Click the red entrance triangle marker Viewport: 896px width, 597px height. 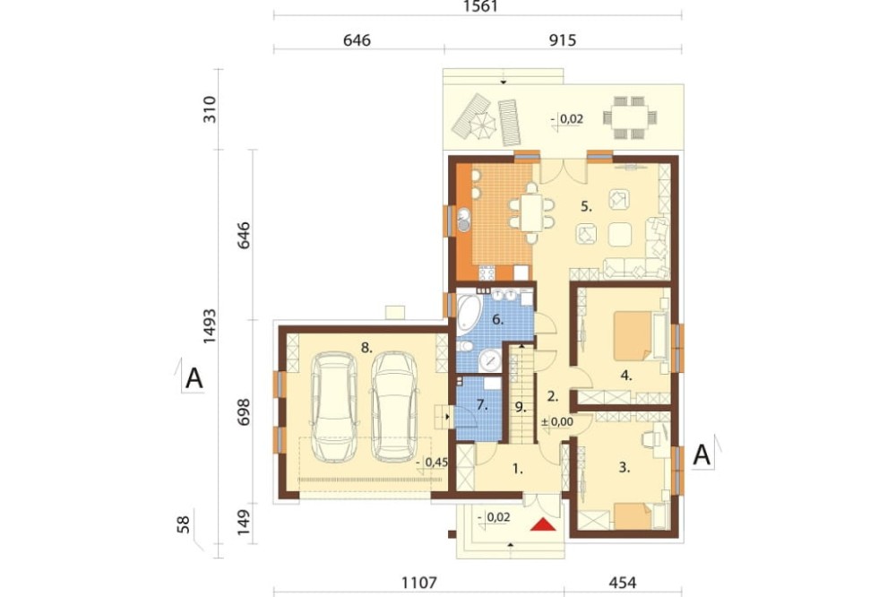(543, 524)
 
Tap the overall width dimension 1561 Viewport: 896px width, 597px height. (480, 6)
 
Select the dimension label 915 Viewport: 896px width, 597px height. (563, 40)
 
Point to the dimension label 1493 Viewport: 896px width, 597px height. (210, 326)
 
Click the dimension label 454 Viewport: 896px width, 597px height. (623, 583)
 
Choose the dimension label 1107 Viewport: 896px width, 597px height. (418, 583)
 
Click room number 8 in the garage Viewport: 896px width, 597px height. (366, 347)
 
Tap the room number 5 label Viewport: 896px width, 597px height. (586, 206)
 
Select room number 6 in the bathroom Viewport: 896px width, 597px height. (497, 320)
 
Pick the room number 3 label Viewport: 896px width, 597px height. (624, 467)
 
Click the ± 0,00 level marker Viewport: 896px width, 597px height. (557, 421)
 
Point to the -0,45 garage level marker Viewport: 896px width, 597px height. (432, 462)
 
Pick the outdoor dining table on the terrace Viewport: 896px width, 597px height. (629, 117)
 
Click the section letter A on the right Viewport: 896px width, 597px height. (702, 455)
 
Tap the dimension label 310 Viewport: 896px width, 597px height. (210, 109)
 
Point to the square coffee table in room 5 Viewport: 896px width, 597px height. (620, 234)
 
